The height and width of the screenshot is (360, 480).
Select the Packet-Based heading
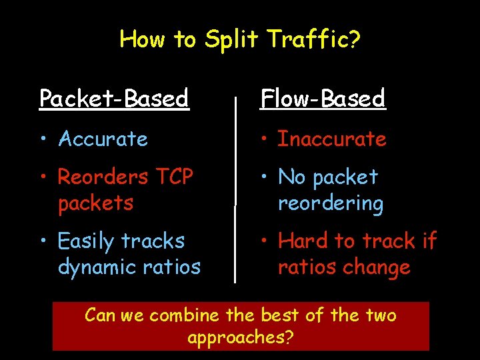click(114, 99)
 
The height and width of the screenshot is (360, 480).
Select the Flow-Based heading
click(323, 99)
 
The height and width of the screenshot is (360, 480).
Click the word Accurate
click(103, 139)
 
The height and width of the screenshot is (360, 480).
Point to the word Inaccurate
click(331, 139)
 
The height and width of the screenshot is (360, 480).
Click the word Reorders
click(103, 177)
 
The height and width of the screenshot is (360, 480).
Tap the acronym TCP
click(173, 177)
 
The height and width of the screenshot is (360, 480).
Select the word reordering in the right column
click(330, 203)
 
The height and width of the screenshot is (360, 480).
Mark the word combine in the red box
click(182, 315)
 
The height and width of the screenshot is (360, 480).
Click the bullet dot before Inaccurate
click(264, 139)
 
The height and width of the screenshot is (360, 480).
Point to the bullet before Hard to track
click(264, 241)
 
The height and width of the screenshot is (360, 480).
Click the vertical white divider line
click(235, 187)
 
